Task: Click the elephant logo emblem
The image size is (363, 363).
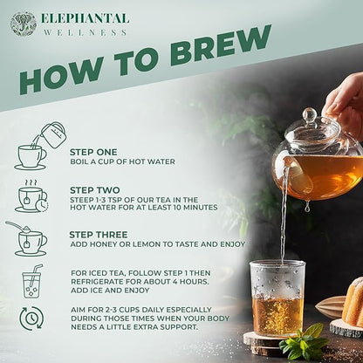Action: pyautogui.click(x=24, y=24)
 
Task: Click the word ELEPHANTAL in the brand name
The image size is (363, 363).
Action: pyautogui.click(x=85, y=17)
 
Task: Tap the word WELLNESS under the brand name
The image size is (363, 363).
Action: pyautogui.click(x=84, y=32)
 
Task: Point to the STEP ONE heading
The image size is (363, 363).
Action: pyautogui.click(x=94, y=150)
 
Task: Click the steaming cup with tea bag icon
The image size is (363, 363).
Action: pyautogui.click(x=31, y=196)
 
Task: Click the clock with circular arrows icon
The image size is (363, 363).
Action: pyautogui.click(x=31, y=318)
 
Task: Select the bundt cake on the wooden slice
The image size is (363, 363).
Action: pyautogui.click(x=353, y=302)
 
